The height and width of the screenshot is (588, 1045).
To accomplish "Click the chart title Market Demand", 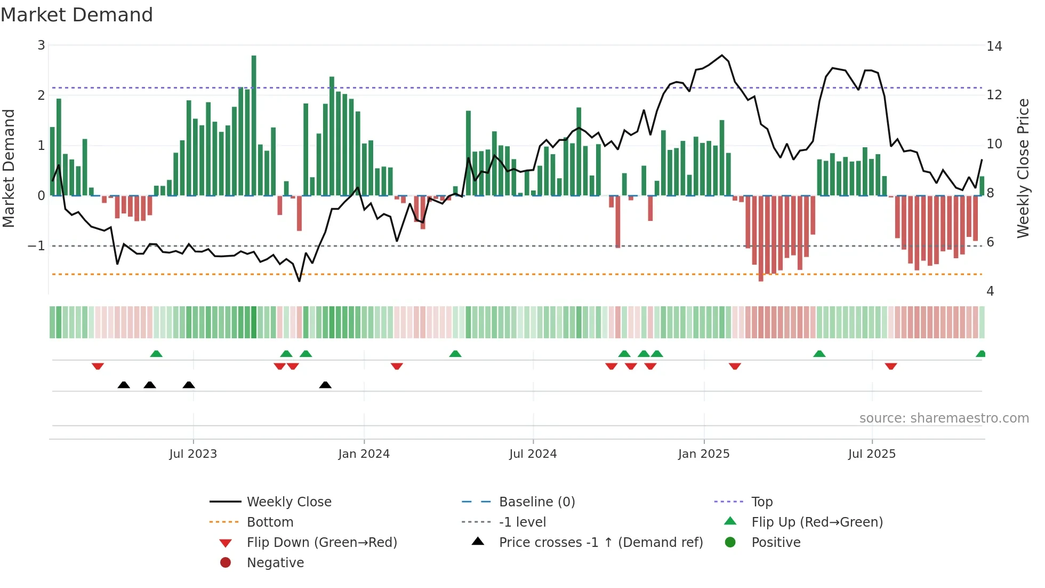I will (77, 15).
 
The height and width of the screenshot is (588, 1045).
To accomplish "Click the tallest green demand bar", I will (254, 125).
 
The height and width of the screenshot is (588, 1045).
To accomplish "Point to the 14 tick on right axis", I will (994, 46).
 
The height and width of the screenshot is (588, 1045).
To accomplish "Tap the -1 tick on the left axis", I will (36, 246).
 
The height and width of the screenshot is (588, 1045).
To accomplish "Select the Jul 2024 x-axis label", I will (533, 454).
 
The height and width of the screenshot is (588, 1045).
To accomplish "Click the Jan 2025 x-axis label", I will (704, 454).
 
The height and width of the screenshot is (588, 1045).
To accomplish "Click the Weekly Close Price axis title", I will (1023, 168).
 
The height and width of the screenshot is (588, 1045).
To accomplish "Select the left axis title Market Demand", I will (9, 168).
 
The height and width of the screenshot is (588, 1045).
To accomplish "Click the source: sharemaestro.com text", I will (944, 418).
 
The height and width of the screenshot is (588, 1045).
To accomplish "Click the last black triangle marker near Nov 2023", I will (325, 385).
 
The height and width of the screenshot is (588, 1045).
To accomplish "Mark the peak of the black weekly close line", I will (722, 55).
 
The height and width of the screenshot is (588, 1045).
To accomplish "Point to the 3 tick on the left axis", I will (41, 45).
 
